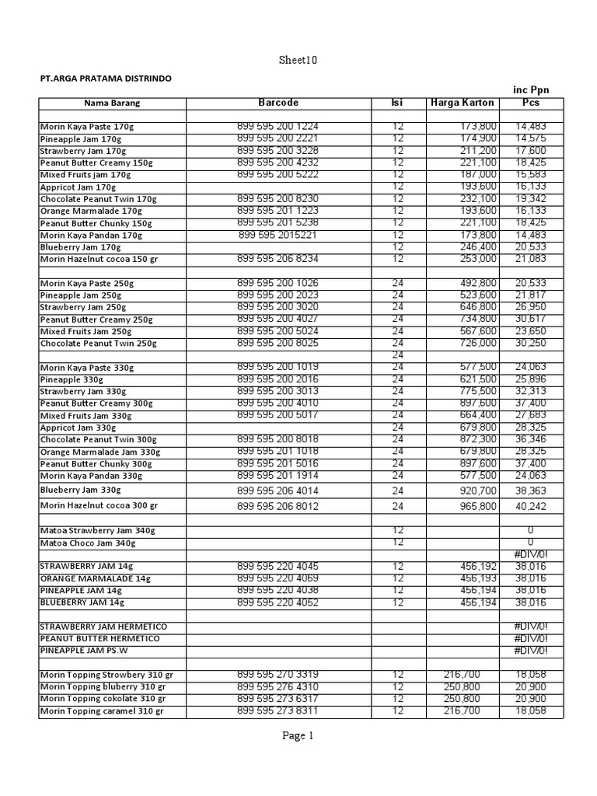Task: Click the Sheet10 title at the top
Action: pos(298,61)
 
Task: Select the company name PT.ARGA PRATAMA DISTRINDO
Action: pos(106,79)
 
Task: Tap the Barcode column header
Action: pos(278,103)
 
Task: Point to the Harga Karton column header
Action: pos(461,103)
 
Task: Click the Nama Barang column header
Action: pos(112,103)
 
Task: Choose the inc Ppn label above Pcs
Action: pos(531,90)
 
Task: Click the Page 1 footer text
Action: pos(298,736)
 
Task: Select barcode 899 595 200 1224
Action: pos(278,126)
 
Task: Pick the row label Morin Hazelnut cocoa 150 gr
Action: pos(99,259)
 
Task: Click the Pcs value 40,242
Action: pos(531,506)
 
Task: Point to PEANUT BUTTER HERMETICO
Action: pos(99,638)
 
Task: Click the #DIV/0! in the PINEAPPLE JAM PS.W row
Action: pos(531,651)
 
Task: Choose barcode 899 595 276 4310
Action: pos(278,686)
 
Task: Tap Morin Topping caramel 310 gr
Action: pos(102,711)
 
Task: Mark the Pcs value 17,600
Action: pos(531,150)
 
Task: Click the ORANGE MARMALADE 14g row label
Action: pos(96,579)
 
